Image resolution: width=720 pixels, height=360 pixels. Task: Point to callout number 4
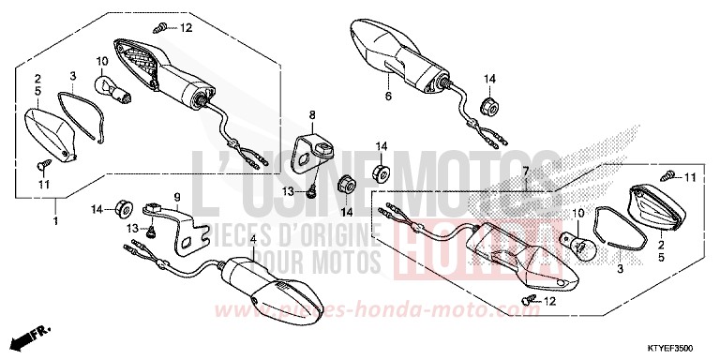click(252, 240)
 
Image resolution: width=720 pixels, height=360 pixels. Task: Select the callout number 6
click(386, 96)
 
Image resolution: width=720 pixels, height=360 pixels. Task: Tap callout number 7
click(527, 171)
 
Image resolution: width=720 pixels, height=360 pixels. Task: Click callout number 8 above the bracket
click(313, 113)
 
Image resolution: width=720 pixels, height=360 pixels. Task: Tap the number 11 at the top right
click(690, 177)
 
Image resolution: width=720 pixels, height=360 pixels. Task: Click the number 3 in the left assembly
click(72, 75)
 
